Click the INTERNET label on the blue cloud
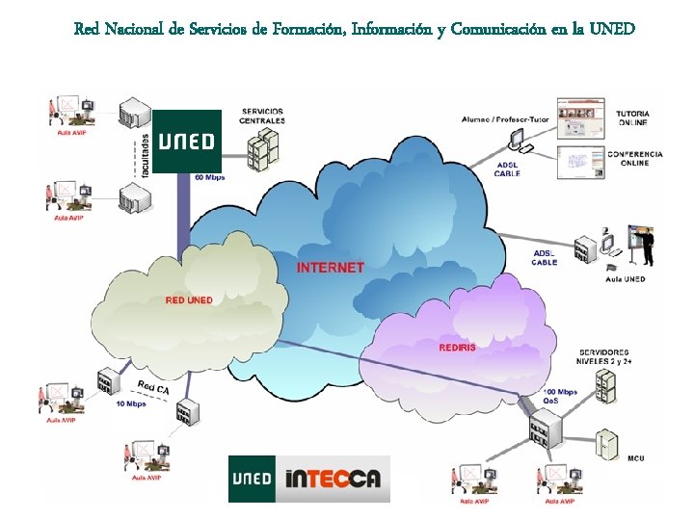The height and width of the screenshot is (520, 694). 331,267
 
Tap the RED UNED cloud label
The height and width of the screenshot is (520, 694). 189,300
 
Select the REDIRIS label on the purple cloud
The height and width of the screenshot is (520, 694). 457,346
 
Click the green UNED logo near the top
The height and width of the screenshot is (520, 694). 187,141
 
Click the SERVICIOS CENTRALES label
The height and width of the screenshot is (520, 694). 262,116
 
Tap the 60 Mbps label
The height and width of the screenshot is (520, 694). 211,177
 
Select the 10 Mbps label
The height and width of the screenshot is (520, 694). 131,403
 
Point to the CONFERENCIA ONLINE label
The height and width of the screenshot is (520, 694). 634,159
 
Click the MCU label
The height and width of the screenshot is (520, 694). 635,457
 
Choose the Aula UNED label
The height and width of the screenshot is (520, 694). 627,279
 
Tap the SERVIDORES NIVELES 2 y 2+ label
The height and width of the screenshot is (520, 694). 604,357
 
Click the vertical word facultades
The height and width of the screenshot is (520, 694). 145,155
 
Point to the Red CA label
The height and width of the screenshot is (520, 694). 152,387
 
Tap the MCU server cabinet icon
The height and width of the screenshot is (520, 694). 606,445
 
